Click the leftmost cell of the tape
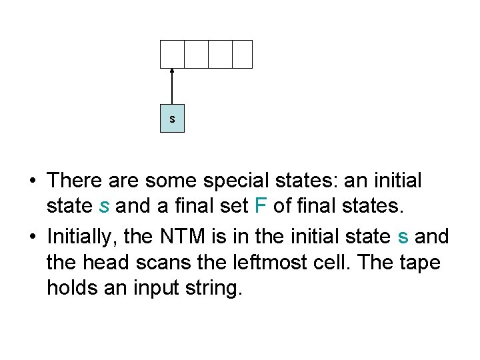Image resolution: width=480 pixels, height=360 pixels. [x=172, y=54]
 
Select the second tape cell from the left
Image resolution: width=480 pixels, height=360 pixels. [x=196, y=54]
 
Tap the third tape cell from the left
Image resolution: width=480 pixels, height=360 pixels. [x=220, y=54]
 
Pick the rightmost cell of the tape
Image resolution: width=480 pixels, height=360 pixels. [x=243, y=54]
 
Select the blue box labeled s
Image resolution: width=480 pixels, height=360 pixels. [x=172, y=119]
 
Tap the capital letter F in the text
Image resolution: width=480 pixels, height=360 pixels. [x=261, y=207]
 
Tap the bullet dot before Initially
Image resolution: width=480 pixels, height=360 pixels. [x=33, y=237]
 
